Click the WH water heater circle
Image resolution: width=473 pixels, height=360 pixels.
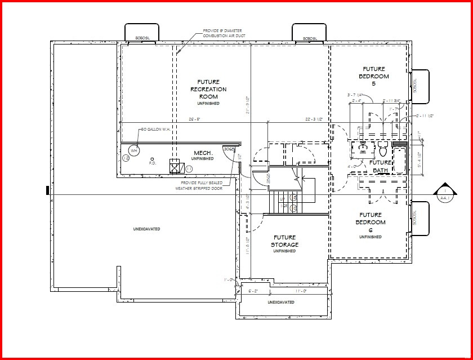(x=134, y=151)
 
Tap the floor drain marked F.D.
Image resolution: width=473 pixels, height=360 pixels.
(x=152, y=159)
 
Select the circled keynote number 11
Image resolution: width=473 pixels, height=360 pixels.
(x=189, y=168)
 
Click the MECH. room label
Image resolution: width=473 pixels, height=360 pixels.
(x=202, y=153)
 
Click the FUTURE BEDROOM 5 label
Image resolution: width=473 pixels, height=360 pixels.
(x=376, y=75)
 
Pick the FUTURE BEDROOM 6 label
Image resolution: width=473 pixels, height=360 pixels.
(x=371, y=223)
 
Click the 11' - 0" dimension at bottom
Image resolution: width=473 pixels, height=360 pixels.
(x=301, y=291)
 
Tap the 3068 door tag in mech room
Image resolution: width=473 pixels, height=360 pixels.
(x=228, y=148)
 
